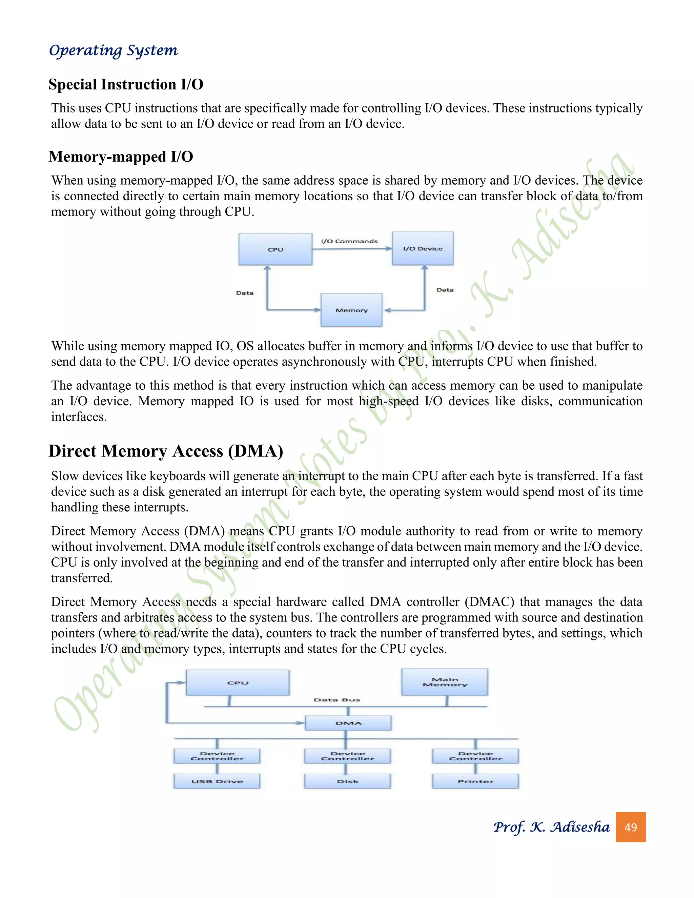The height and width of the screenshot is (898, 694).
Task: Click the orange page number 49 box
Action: click(630, 827)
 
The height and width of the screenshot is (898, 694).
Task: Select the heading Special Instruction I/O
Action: click(126, 84)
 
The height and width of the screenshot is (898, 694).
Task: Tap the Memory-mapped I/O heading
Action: click(121, 157)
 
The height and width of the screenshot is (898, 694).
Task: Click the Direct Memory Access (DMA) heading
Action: click(166, 451)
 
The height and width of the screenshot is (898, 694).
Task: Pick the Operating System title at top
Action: click(114, 50)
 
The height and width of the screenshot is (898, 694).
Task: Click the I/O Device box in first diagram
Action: click(423, 248)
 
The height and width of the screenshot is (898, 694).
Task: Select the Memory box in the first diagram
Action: click(351, 310)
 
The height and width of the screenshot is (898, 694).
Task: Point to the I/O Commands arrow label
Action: click(349, 241)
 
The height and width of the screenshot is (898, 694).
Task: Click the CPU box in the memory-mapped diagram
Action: click(275, 249)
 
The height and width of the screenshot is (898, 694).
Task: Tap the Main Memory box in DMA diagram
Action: click(445, 682)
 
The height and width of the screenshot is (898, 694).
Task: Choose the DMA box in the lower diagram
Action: click(348, 723)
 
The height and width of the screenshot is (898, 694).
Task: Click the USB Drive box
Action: click(217, 781)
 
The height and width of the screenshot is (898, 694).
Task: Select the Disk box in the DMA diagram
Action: click(347, 781)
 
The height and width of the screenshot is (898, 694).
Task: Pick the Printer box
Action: click(476, 781)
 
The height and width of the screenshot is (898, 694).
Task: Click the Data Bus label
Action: click(337, 699)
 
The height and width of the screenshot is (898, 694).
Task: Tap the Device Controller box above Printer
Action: click(476, 756)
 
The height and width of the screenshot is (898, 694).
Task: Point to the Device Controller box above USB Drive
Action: click(217, 756)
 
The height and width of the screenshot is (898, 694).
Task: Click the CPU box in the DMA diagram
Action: click(238, 682)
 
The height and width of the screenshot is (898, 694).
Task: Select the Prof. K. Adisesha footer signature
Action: click(551, 827)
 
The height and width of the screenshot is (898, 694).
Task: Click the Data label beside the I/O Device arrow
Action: click(445, 290)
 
